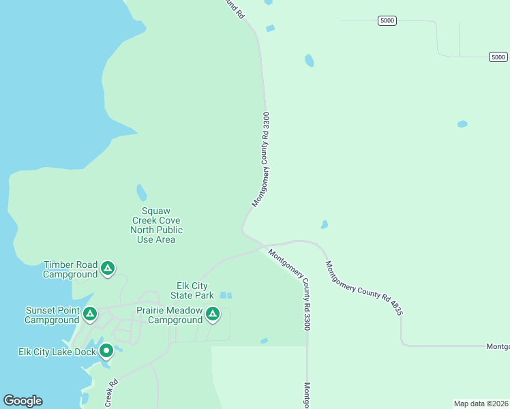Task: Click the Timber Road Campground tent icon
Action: pyautogui.click(x=107, y=269)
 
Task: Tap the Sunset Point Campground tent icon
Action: pyautogui.click(x=89, y=314)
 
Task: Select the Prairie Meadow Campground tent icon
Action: pyautogui.click(x=213, y=314)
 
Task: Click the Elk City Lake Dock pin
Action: pyautogui.click(x=106, y=351)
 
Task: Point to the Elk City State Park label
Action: pyautogui.click(x=192, y=290)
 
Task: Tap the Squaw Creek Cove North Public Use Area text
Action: pyautogui.click(x=156, y=225)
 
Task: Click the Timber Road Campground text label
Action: pyautogui.click(x=70, y=269)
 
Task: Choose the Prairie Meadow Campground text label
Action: pyautogui.click(x=170, y=315)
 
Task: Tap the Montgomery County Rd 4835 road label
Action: pyautogui.click(x=363, y=288)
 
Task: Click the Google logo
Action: pyautogui.click(x=22, y=401)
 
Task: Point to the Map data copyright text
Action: pyautogui.click(x=481, y=404)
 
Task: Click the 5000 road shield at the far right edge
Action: pyautogui.click(x=498, y=57)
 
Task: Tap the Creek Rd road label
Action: pyautogui.click(x=111, y=393)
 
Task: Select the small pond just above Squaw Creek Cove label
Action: pyautogui.click(x=141, y=192)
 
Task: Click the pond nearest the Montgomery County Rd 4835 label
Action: pyautogui.click(x=325, y=224)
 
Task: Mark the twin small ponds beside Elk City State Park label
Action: pyautogui.click(x=226, y=295)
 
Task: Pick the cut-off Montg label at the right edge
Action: pyautogui.click(x=498, y=346)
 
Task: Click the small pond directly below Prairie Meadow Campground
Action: pyautogui.click(x=264, y=341)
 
